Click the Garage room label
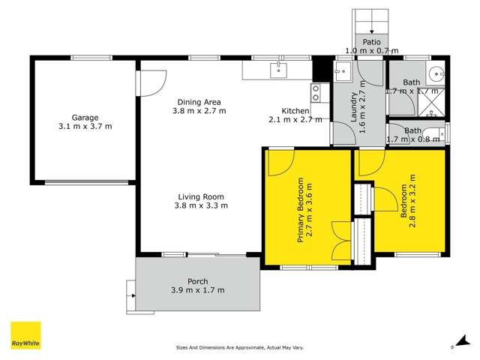pos(86,117)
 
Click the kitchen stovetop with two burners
pos(316,92)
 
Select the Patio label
pos(372,42)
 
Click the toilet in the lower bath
pos(443,135)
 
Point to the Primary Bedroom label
pos(300,211)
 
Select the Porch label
pos(198,281)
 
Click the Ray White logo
pos(25,335)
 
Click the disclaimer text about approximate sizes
pos(239,348)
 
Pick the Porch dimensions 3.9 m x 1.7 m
pos(199,290)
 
